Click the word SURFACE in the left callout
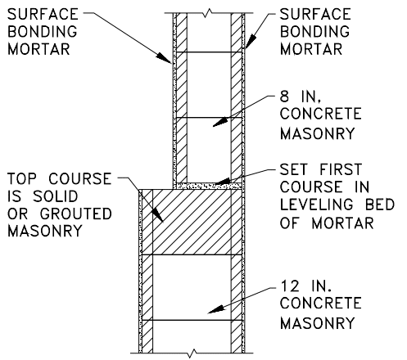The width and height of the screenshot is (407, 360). coord(43,14)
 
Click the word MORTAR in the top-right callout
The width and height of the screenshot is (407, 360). coord(311,49)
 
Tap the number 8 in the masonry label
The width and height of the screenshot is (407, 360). coord(284,97)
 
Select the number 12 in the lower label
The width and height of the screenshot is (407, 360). coord(290,286)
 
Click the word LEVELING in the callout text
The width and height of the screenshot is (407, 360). coord(317,205)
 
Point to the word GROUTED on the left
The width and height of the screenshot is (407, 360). coord(76,214)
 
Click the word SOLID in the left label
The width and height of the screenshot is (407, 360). coord(56,196)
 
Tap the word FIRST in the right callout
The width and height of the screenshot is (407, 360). coord(341,169)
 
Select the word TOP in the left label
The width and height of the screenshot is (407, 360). coord(22,178)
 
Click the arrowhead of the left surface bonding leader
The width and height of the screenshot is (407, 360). coord(164,58)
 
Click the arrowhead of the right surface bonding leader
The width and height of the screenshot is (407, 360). coord(251,41)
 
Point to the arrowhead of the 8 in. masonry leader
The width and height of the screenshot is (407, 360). coord(220,122)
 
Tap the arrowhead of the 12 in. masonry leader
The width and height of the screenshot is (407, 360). coord(216,309)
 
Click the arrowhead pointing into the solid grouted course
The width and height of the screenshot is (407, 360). coord(157,215)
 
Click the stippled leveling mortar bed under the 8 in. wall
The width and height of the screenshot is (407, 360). coord(209,187)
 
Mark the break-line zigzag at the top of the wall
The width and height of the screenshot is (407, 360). coord(209,13)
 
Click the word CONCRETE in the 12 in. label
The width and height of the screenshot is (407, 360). coord(321,304)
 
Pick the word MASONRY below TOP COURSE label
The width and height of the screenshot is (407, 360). coord(44,232)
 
